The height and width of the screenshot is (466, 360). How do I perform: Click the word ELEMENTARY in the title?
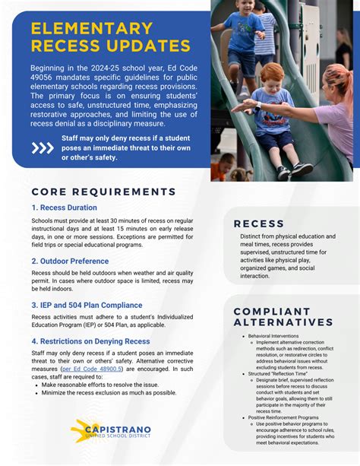pyautogui.click(x=92, y=30)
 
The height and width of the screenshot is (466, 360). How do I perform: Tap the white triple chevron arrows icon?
pyautogui.click(x=42, y=147)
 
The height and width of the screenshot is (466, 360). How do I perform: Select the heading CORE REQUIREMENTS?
pyautogui.click(x=104, y=192)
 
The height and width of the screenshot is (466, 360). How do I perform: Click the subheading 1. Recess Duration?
pyautogui.click(x=65, y=208)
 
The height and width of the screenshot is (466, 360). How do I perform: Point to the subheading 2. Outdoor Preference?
pyautogui.click(x=70, y=261)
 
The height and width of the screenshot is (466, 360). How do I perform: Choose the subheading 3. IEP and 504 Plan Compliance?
pyautogui.click(x=87, y=305)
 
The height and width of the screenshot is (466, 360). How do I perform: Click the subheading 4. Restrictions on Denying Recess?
pyautogui.click(x=91, y=341)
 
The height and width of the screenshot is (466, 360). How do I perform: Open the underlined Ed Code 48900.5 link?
pyautogui.click(x=91, y=369)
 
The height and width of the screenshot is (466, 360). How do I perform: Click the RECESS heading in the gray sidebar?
pyautogui.click(x=259, y=223)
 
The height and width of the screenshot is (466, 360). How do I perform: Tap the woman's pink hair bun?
pyautogui.click(x=335, y=72)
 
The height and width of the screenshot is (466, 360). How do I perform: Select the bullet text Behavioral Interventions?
pyautogui.click(x=273, y=335)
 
